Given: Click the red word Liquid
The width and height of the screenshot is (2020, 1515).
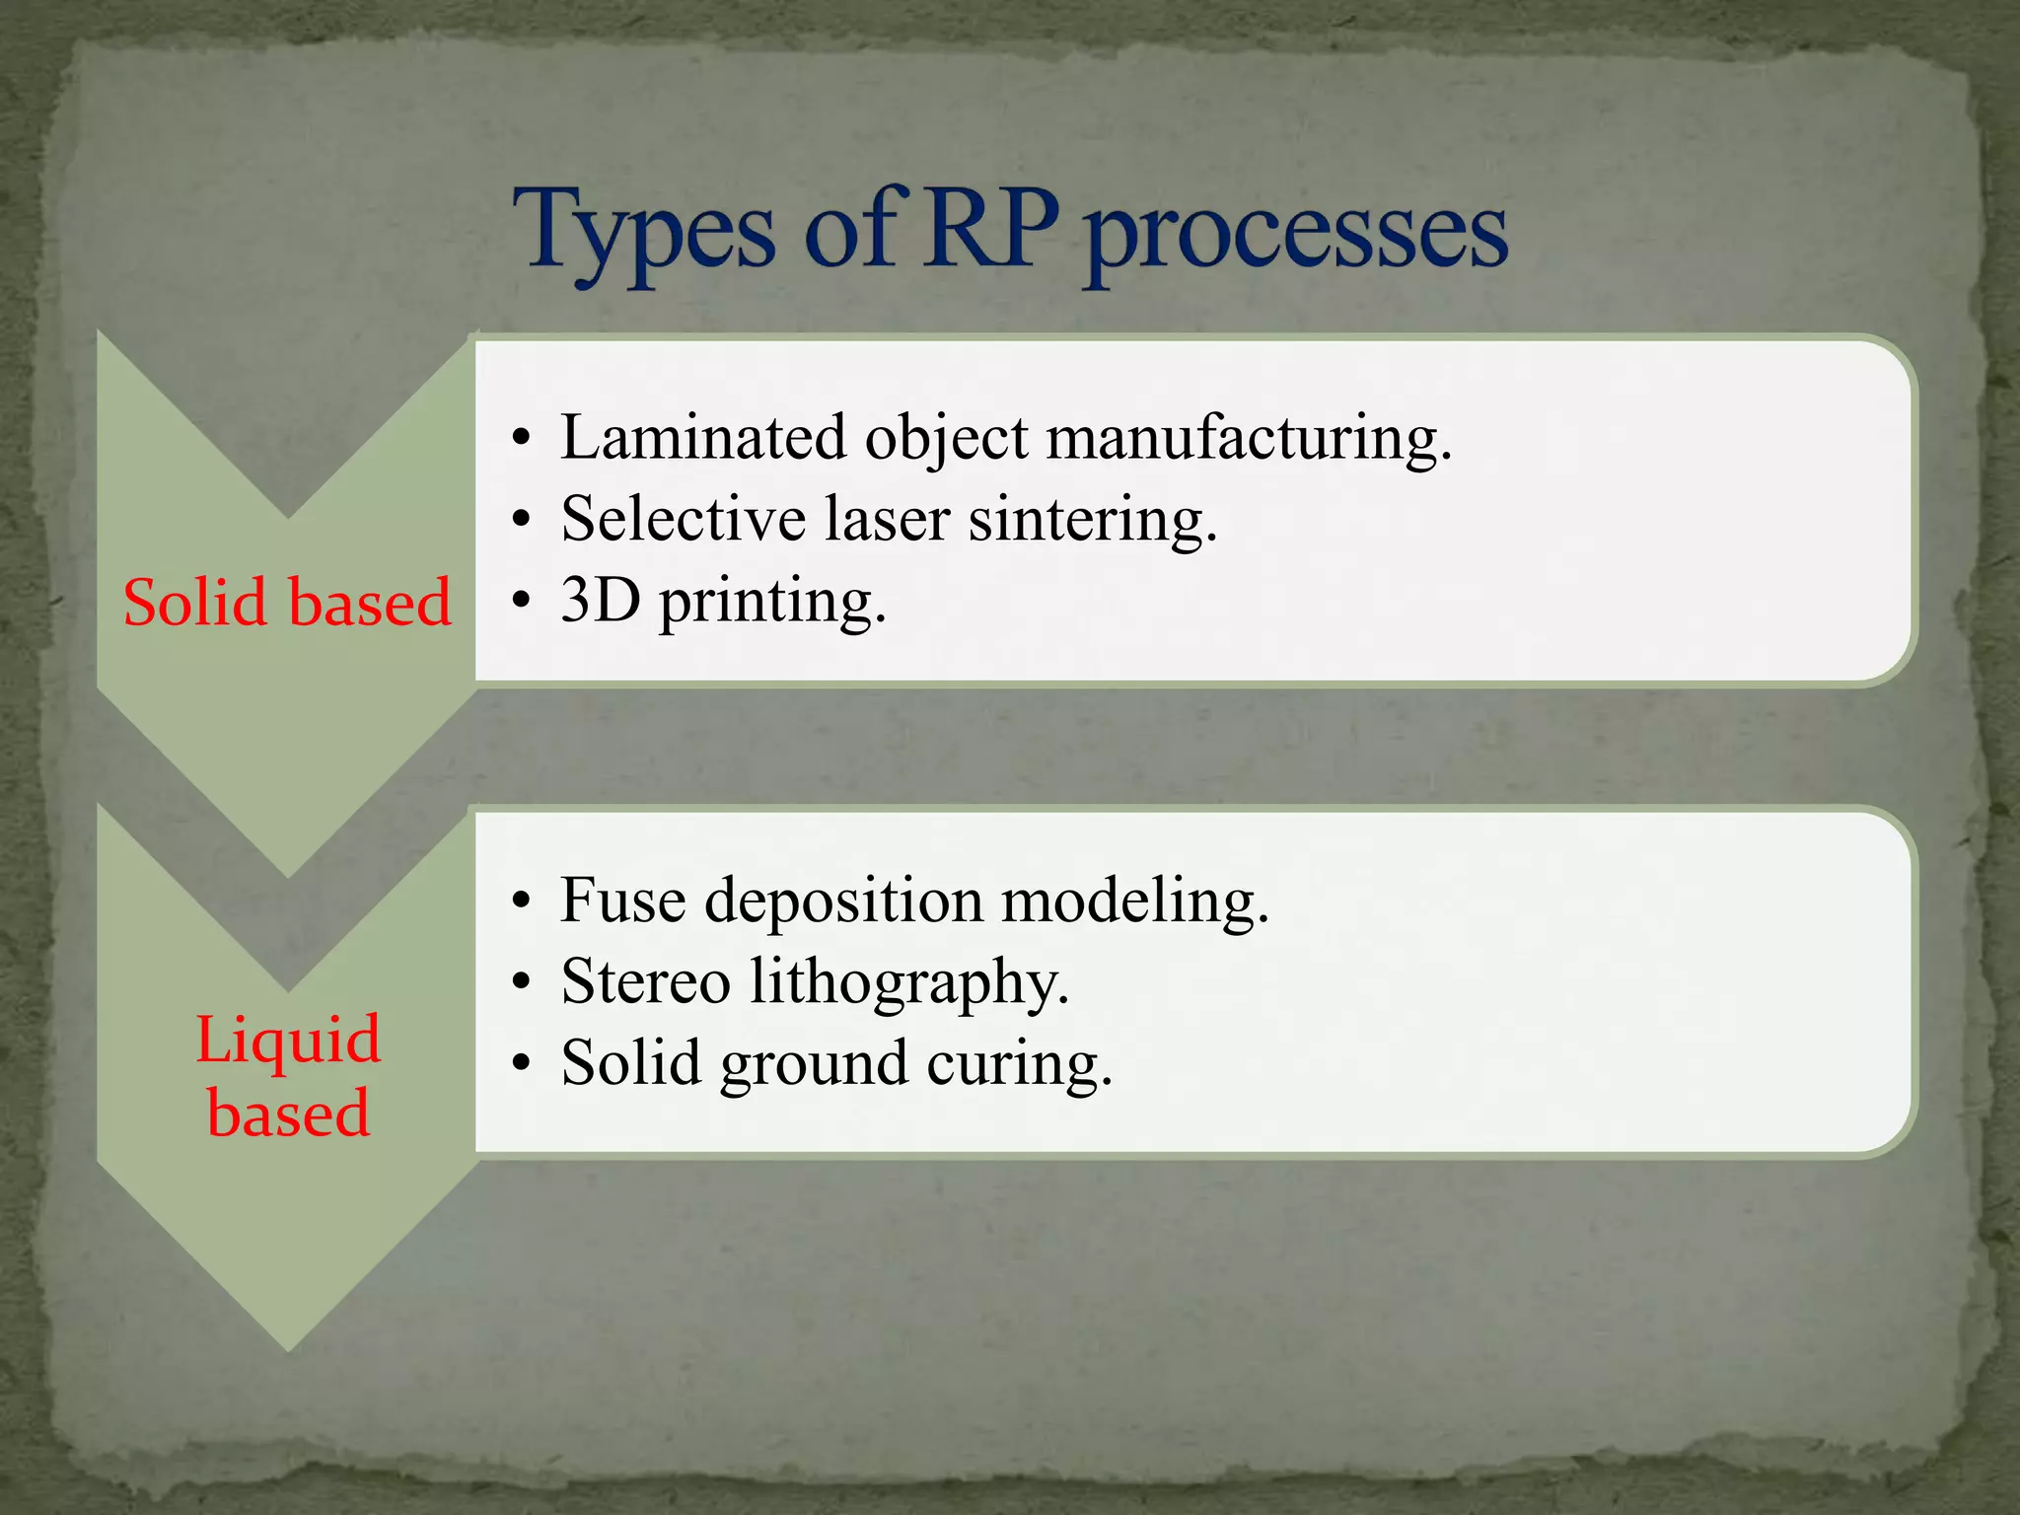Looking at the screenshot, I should click(288, 1039).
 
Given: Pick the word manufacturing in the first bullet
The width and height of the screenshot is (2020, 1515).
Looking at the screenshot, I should click(1249, 439).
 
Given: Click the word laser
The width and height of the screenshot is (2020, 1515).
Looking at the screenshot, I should click(886, 519).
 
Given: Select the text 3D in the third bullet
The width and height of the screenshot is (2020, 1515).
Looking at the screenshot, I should click(601, 600).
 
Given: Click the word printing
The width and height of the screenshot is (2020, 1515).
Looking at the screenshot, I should click(772, 602).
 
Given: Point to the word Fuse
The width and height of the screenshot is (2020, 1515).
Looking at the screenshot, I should click(622, 900).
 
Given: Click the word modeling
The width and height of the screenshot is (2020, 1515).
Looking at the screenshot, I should click(1134, 901).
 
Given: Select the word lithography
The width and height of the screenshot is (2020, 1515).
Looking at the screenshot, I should click(908, 983).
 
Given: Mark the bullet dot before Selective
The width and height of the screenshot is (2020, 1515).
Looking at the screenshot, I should click(522, 520).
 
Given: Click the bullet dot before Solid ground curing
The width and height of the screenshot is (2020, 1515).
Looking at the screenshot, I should click(522, 1064).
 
